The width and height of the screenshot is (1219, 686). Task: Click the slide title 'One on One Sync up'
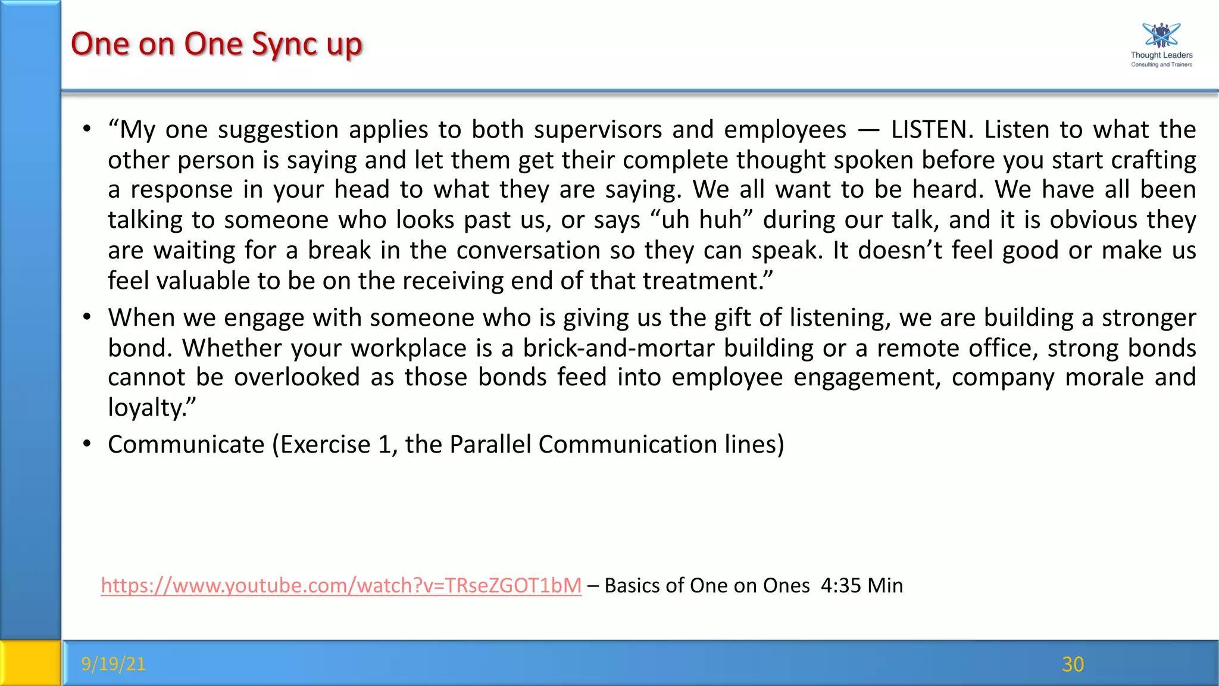(216, 44)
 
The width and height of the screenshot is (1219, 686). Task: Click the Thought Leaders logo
(1161, 45)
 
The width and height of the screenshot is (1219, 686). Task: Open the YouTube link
(341, 585)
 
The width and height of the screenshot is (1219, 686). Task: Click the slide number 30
(1073, 664)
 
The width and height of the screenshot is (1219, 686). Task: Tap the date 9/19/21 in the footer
(114, 663)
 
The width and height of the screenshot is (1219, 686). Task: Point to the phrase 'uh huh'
(702, 220)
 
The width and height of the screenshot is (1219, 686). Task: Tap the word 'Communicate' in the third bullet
(186, 445)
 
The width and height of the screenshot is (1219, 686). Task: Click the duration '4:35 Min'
(861, 586)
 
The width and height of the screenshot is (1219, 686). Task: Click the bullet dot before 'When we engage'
(87, 317)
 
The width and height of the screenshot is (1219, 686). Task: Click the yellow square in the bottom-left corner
(30, 663)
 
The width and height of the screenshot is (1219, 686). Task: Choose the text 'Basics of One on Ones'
(707, 586)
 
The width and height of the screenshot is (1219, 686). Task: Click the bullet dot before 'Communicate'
(87, 444)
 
